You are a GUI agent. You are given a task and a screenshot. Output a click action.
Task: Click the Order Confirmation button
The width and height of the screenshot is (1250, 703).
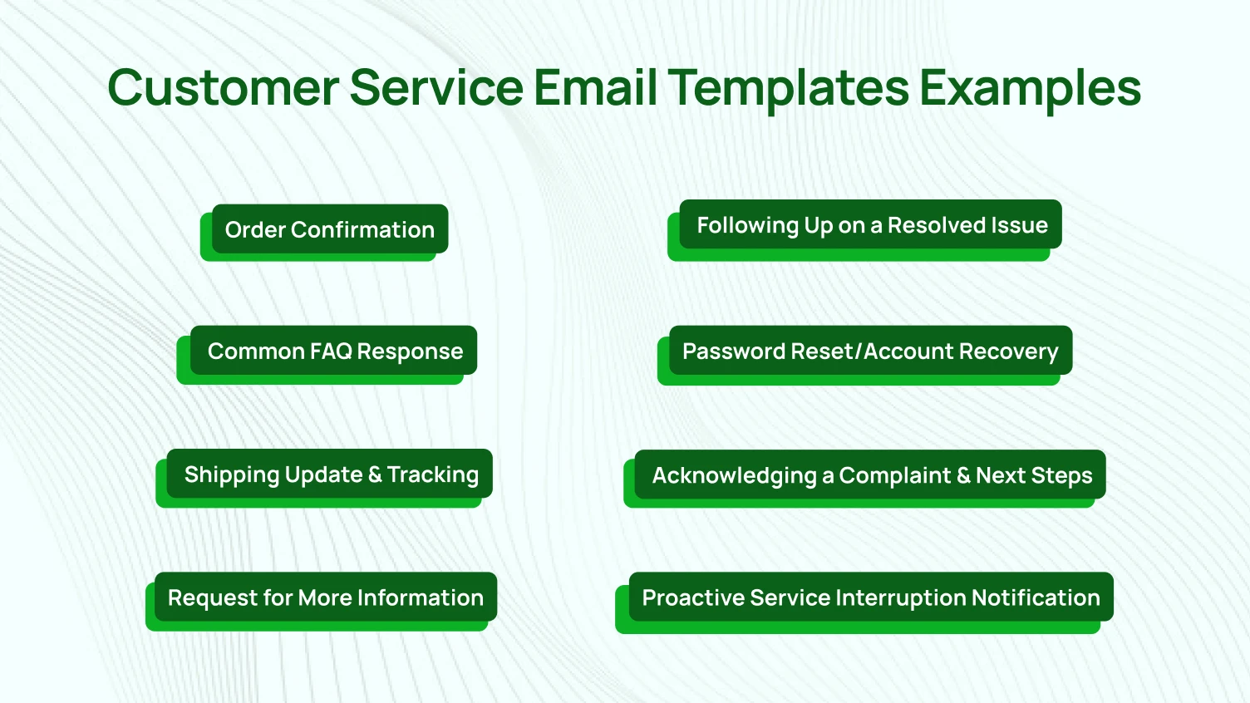point(330,229)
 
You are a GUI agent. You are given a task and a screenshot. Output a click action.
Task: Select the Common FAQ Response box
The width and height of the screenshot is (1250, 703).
point(334,351)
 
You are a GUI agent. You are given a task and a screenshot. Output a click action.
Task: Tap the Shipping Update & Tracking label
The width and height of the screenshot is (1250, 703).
point(331,474)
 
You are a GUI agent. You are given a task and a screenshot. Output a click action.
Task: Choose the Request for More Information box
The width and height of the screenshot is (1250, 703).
point(326,597)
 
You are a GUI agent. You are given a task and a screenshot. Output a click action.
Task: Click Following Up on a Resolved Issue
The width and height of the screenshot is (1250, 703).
point(871,225)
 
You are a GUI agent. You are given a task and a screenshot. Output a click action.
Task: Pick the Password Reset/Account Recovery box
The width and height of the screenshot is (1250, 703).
point(870,351)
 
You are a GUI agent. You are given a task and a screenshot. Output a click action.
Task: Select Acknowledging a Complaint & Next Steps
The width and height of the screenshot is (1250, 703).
point(871,475)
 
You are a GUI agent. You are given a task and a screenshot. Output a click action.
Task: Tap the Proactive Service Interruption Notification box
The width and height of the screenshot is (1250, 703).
point(870,597)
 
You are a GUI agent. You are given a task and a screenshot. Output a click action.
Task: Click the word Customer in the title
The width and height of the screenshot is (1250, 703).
point(223,87)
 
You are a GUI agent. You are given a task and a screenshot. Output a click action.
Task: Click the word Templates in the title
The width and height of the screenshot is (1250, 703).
point(789,87)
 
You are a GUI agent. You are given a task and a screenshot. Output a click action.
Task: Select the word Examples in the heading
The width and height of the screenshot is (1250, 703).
point(1030,87)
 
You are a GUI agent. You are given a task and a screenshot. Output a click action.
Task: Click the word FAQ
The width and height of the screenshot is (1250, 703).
point(331,351)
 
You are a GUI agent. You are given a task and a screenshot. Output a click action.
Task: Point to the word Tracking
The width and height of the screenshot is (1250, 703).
point(432,474)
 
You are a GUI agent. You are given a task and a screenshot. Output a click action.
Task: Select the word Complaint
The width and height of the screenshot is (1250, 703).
point(894,475)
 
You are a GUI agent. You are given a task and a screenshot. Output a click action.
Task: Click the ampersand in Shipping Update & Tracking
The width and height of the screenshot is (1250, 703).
point(375,474)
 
